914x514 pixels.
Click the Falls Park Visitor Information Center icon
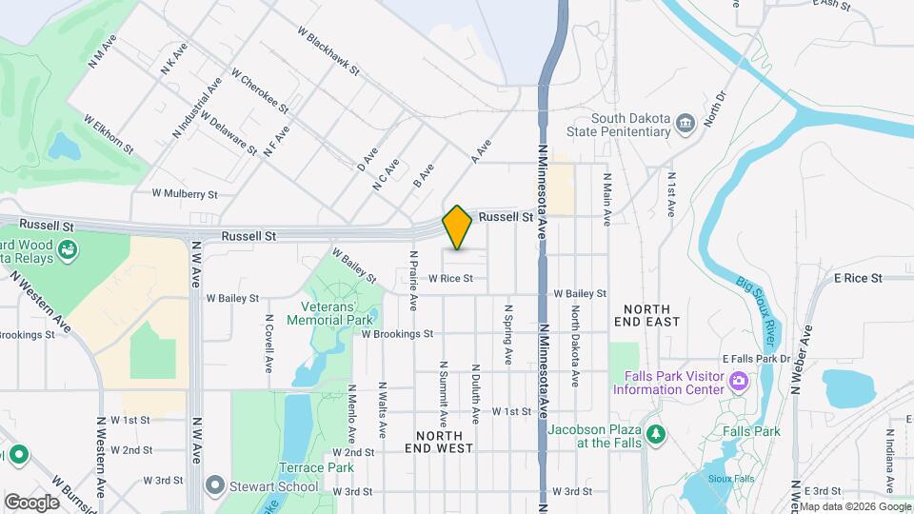738,382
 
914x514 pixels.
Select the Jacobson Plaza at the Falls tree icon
655,434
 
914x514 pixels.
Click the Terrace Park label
303,467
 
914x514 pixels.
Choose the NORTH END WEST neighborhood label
439,440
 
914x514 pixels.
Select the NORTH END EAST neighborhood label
651,315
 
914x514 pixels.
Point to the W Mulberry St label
185,193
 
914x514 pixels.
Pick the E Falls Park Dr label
757,358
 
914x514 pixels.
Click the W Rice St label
450,279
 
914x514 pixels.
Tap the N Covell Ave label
269,344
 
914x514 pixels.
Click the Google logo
32,502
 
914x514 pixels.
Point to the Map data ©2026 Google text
854,506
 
